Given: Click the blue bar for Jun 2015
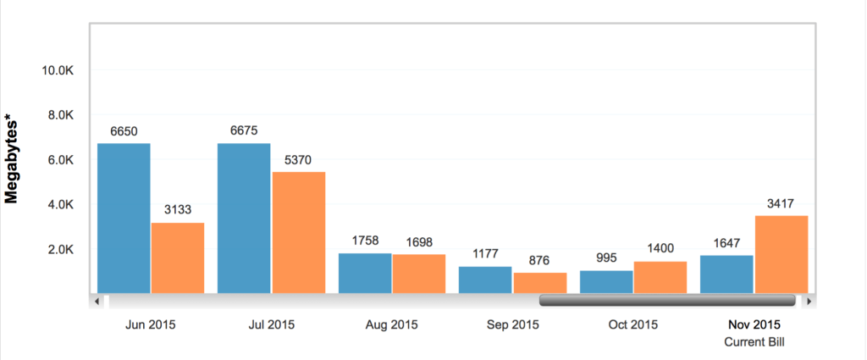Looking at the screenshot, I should click(x=124, y=218).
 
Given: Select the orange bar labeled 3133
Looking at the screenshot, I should click(x=177, y=258).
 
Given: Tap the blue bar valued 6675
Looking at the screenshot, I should click(x=244, y=218).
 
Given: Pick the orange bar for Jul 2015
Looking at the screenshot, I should click(x=298, y=232).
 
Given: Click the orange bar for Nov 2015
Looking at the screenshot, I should click(x=781, y=254).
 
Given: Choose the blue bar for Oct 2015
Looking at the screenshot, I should click(x=606, y=282).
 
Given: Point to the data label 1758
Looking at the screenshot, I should click(x=364, y=241).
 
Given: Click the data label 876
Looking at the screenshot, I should click(x=539, y=260).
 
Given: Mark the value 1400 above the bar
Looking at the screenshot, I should click(x=660, y=248).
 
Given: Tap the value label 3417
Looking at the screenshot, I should click(x=781, y=203).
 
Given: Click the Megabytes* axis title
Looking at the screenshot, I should click(x=13, y=161).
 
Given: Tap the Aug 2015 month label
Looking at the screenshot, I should click(x=391, y=324).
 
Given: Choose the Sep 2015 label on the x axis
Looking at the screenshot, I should click(x=512, y=324).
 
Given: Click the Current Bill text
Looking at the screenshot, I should click(x=754, y=341).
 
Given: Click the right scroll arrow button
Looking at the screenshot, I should click(x=810, y=300).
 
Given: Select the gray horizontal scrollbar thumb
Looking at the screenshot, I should click(x=667, y=300).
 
